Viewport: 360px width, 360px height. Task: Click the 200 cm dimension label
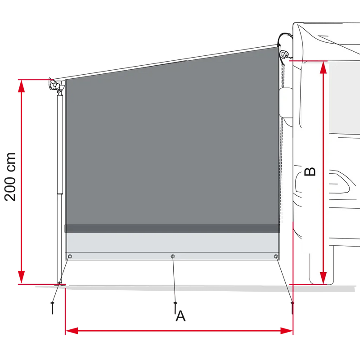pos(10,177)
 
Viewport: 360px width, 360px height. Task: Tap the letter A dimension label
pos(181,316)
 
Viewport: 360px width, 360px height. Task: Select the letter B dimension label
pos(310,171)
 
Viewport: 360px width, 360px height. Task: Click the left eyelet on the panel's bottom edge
pos(70,256)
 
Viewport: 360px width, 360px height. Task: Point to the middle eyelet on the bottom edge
pos(173,256)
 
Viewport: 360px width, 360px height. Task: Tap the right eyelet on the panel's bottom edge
pos(276,256)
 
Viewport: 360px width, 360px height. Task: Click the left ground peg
pos(53,308)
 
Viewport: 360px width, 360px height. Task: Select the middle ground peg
pos(175,308)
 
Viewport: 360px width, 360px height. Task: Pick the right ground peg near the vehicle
pos(292,308)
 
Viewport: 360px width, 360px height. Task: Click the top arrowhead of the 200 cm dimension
pos(21,86)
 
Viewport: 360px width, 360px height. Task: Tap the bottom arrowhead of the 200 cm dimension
pos(21,277)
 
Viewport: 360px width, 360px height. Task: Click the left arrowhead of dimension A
pos(72,331)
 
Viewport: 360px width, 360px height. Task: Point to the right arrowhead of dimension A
pos(287,331)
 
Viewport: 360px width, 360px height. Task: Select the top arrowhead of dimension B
pos(323,67)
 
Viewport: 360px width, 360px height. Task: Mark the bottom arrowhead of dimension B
pos(323,278)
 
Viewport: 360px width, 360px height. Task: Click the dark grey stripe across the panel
pos(172,229)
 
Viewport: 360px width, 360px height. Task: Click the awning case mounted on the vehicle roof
pos(284,46)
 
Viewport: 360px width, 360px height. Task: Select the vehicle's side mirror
pos(286,102)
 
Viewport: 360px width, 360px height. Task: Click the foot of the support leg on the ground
pos(60,284)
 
